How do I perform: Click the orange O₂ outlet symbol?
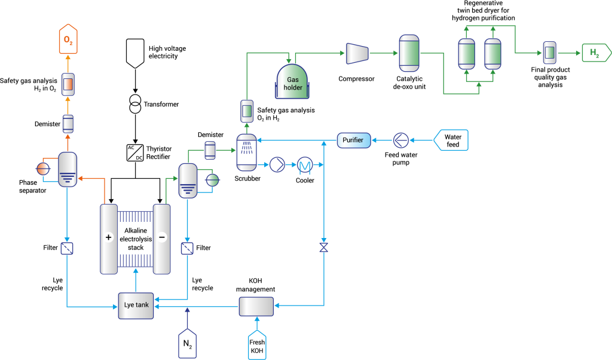68,39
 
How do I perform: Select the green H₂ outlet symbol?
596,53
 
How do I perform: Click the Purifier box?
354,141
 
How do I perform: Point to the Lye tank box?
136,306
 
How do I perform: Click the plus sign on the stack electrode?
109,237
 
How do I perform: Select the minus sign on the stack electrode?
162,237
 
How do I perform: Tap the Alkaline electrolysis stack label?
136,239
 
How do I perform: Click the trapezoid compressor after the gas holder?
357,53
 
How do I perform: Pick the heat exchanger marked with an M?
305,164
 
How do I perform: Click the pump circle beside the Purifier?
401,141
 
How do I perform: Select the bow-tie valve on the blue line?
324,247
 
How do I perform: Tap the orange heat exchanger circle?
43,169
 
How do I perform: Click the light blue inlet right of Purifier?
451,141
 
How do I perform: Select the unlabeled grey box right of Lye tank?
256,306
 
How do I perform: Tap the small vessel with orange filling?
68,84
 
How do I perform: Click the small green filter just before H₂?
549,53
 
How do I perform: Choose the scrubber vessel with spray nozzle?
246,152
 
